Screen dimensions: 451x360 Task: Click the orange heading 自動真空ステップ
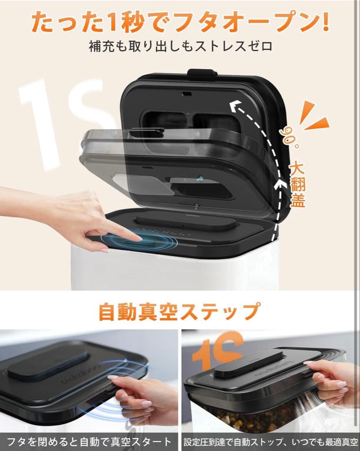(x=179, y=311)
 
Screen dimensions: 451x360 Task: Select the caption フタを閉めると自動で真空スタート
(x=89, y=441)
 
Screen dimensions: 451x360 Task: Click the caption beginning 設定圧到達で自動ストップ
(x=271, y=441)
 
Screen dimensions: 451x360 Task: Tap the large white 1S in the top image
(x=63, y=121)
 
